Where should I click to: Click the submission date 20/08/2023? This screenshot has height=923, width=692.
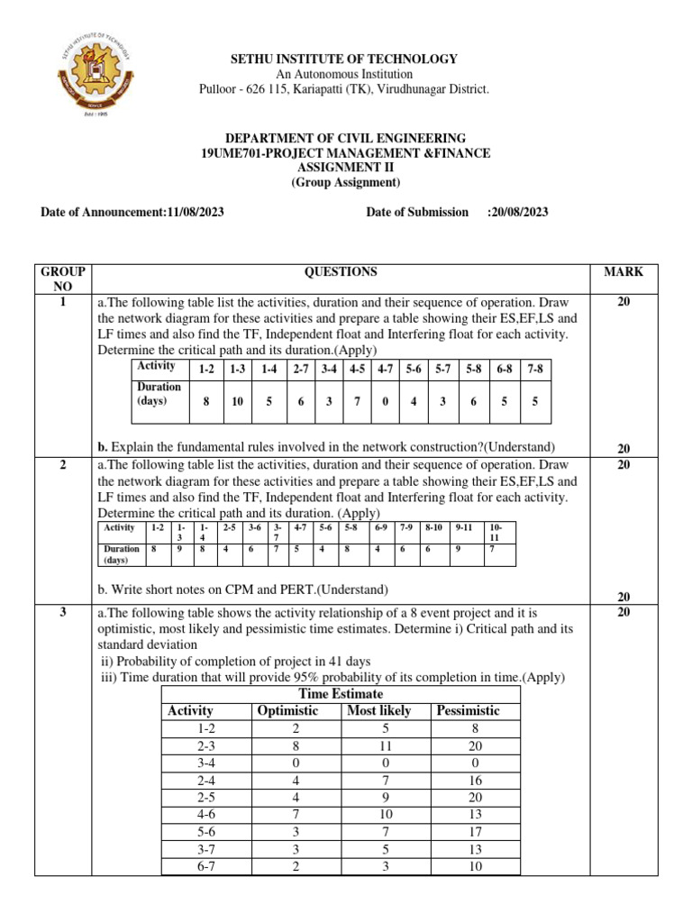click(x=517, y=212)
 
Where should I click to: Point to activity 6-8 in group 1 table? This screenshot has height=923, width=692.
click(x=506, y=369)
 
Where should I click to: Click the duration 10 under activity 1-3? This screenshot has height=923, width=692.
click(x=238, y=402)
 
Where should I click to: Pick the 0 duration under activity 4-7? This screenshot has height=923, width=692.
click(x=385, y=402)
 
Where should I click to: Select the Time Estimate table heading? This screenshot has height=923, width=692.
click(x=341, y=693)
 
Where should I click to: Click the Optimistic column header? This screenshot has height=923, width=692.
click(x=287, y=710)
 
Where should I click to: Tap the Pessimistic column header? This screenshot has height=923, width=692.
click(x=468, y=710)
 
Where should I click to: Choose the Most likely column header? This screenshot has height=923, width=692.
click(x=378, y=710)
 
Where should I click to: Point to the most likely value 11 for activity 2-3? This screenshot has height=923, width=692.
click(x=378, y=745)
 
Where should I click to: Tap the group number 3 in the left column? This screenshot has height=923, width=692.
click(x=63, y=612)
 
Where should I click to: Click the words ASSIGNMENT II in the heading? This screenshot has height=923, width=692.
click(x=346, y=168)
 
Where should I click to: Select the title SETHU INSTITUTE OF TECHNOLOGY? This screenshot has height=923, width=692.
click(x=346, y=59)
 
